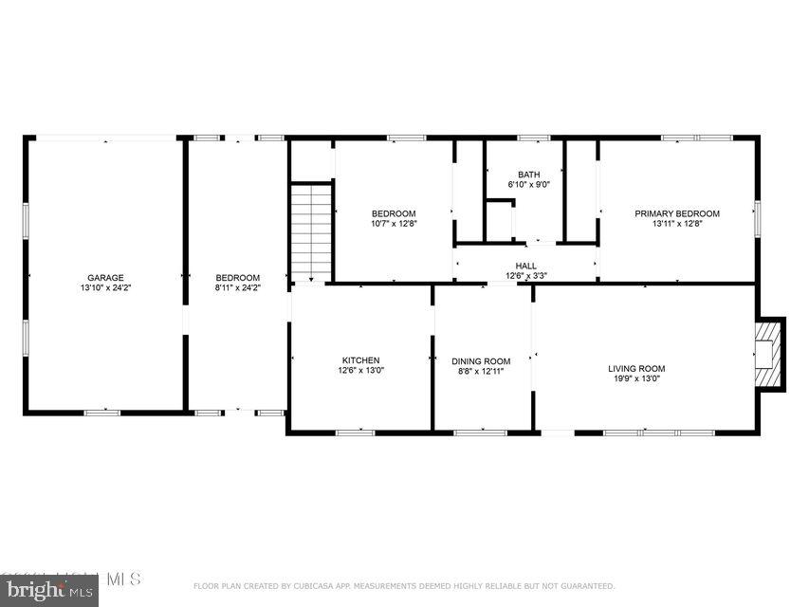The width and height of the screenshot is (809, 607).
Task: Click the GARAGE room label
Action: (105, 278)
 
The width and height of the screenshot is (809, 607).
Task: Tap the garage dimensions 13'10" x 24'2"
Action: (105, 287)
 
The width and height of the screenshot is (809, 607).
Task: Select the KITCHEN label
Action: (360, 360)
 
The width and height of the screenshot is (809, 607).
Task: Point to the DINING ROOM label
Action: (481, 361)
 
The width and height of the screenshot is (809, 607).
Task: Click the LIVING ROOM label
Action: (636, 369)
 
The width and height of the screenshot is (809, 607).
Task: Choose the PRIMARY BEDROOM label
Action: (677, 214)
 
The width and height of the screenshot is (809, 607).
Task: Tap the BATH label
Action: (528, 175)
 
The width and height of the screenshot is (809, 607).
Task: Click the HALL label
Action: (525, 267)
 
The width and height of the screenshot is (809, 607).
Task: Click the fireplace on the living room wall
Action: (769, 354)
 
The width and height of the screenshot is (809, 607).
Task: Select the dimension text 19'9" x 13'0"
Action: (636, 378)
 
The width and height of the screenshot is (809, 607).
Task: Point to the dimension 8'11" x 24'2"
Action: (237, 287)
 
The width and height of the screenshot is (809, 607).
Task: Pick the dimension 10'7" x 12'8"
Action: (394, 224)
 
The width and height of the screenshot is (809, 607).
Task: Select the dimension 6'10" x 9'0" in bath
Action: (528, 184)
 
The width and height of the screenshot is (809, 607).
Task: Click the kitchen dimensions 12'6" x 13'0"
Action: (360, 370)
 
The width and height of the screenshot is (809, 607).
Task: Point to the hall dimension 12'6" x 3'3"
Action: (525, 276)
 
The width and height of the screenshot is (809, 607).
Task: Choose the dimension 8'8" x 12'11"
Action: (481, 371)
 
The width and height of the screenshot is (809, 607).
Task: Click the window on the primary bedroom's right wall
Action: (757, 217)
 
